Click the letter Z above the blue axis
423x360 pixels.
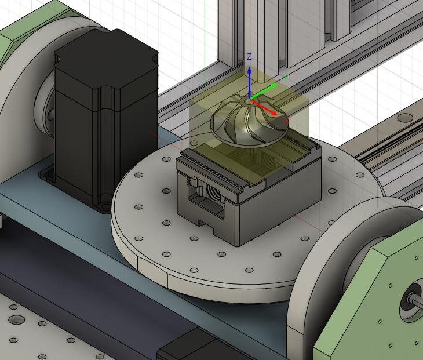(x=249, y=57)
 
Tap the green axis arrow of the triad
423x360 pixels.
(x=267, y=89)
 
